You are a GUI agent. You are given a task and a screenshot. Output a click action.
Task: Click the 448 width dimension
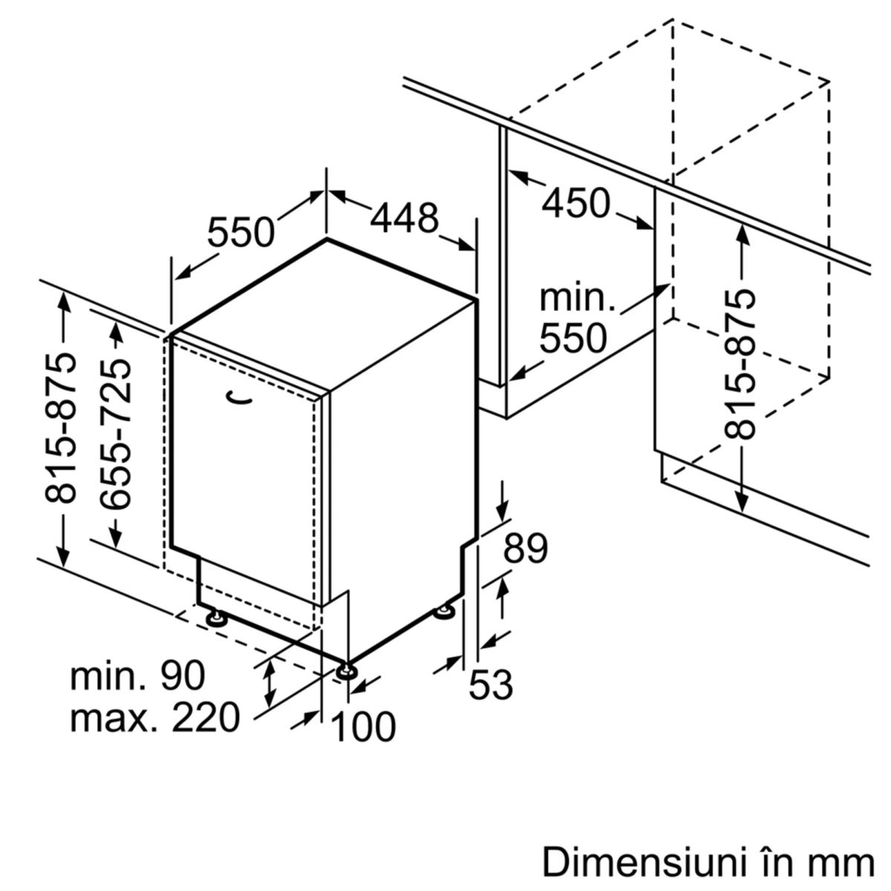point(405,218)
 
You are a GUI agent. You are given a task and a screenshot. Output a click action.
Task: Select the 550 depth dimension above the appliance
point(241,232)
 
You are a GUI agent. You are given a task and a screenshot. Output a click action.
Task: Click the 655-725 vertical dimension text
point(116,435)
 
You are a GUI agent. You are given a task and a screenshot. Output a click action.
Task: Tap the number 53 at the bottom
point(491,684)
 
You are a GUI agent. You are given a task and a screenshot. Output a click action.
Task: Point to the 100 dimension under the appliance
point(363,727)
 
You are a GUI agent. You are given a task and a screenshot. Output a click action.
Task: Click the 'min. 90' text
point(137,676)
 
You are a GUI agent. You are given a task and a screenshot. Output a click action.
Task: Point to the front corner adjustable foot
point(345,672)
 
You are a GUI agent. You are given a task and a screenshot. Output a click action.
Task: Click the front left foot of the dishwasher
point(216,618)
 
